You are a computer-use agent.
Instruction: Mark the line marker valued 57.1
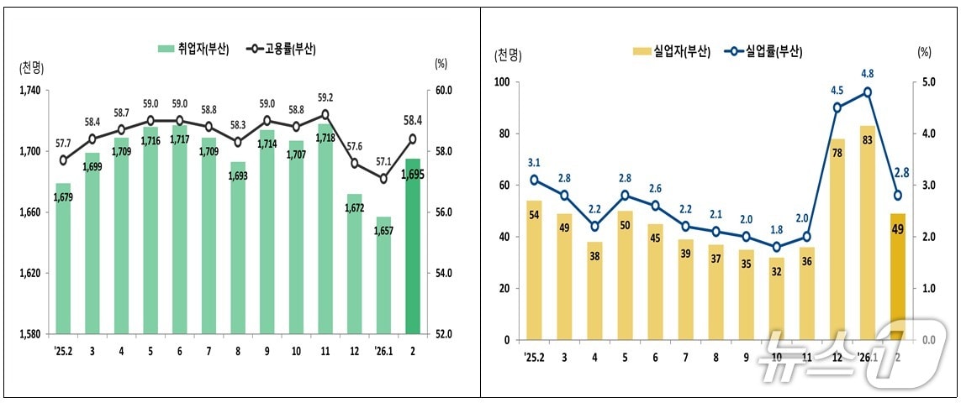(x=383, y=178)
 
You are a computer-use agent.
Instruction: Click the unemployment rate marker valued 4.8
(x=867, y=92)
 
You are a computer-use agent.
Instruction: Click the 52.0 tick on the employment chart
(x=443, y=334)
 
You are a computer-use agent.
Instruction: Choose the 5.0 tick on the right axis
(x=924, y=82)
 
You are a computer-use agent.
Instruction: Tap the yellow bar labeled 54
(x=533, y=270)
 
